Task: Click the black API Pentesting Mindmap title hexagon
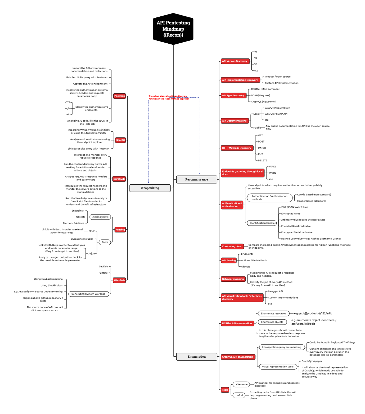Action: point(173,29)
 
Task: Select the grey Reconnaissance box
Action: point(196,179)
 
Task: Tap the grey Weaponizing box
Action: point(150,188)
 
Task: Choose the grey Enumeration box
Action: point(196,357)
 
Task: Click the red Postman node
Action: point(119,96)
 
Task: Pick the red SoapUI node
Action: point(120,140)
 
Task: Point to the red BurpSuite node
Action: point(119,179)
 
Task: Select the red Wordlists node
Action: point(119,280)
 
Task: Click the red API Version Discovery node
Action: point(235,61)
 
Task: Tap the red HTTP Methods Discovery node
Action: point(237,148)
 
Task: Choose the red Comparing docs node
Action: point(232,246)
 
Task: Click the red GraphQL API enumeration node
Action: point(238,357)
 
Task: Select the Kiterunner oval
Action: point(242,384)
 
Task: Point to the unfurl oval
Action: point(239,395)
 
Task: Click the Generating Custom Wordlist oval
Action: point(88,294)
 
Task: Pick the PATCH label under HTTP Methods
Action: point(262,148)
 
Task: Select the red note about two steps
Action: point(169,97)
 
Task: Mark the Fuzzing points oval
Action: point(100,217)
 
